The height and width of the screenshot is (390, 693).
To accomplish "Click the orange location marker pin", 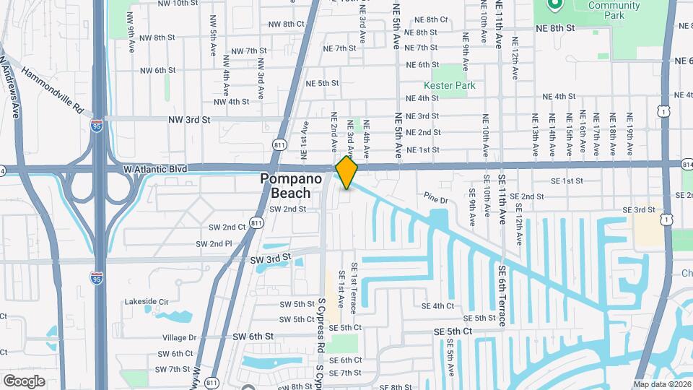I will click(x=346, y=173).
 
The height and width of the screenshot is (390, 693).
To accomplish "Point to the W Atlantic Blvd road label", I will click(x=154, y=169).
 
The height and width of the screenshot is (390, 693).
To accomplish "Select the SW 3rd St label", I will click(x=270, y=258).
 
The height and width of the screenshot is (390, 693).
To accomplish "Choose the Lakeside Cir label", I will click(x=146, y=301).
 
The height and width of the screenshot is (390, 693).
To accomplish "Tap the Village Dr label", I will click(x=179, y=337).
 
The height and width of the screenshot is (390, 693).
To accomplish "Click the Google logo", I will click(x=24, y=381).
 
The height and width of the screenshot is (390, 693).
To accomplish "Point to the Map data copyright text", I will click(x=661, y=384).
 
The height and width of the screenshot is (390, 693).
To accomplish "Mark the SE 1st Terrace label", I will click(x=354, y=288).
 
